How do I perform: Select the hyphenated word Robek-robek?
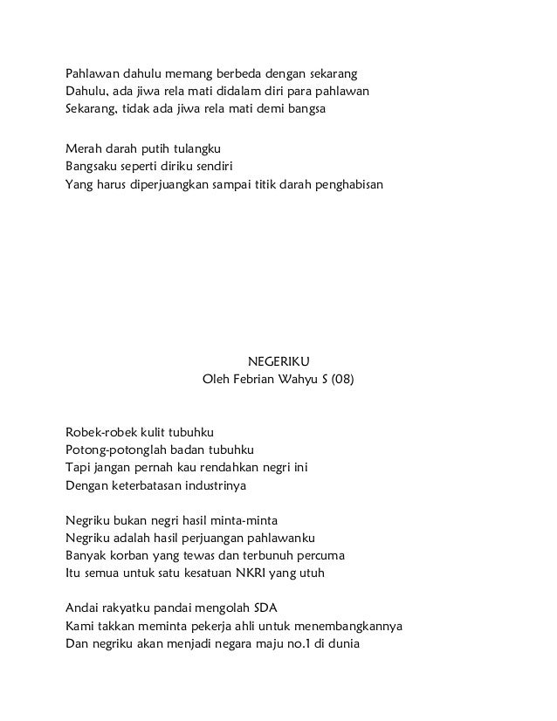click(99, 432)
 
